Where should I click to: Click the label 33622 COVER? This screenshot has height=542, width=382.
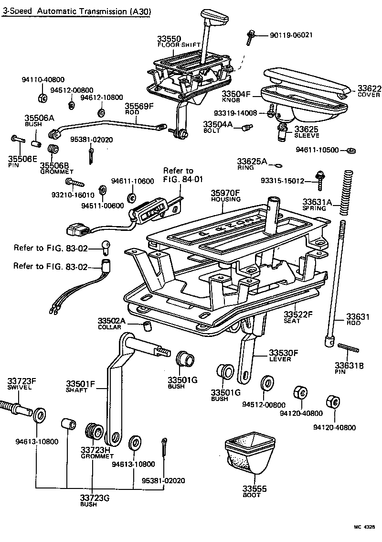click(x=369, y=91)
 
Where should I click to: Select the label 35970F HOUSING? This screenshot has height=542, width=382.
click(x=226, y=196)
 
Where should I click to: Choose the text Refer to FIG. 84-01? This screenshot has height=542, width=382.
click(x=178, y=175)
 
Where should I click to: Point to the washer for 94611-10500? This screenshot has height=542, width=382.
click(x=350, y=151)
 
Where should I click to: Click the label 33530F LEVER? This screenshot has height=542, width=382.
click(x=283, y=356)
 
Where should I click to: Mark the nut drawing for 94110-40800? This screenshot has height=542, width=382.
click(x=42, y=98)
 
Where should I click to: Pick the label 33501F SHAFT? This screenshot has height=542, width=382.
click(x=80, y=386)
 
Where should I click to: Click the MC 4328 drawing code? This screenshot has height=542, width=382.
click(x=364, y=527)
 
